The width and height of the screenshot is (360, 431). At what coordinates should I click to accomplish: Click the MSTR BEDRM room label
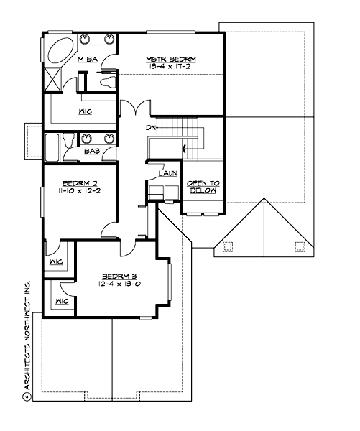171,58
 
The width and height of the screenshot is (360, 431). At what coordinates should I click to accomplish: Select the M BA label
87,60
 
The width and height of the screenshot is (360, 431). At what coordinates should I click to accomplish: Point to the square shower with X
54,78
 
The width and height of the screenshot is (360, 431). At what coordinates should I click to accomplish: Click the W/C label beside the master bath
83,111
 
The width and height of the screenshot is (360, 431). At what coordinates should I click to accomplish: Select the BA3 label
91,152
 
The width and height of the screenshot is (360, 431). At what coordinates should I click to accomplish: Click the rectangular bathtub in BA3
52,148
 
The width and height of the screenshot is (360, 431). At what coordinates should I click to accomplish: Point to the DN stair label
149,128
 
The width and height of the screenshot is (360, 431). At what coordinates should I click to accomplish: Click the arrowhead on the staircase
185,149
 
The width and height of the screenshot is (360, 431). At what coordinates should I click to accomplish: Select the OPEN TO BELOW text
203,188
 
